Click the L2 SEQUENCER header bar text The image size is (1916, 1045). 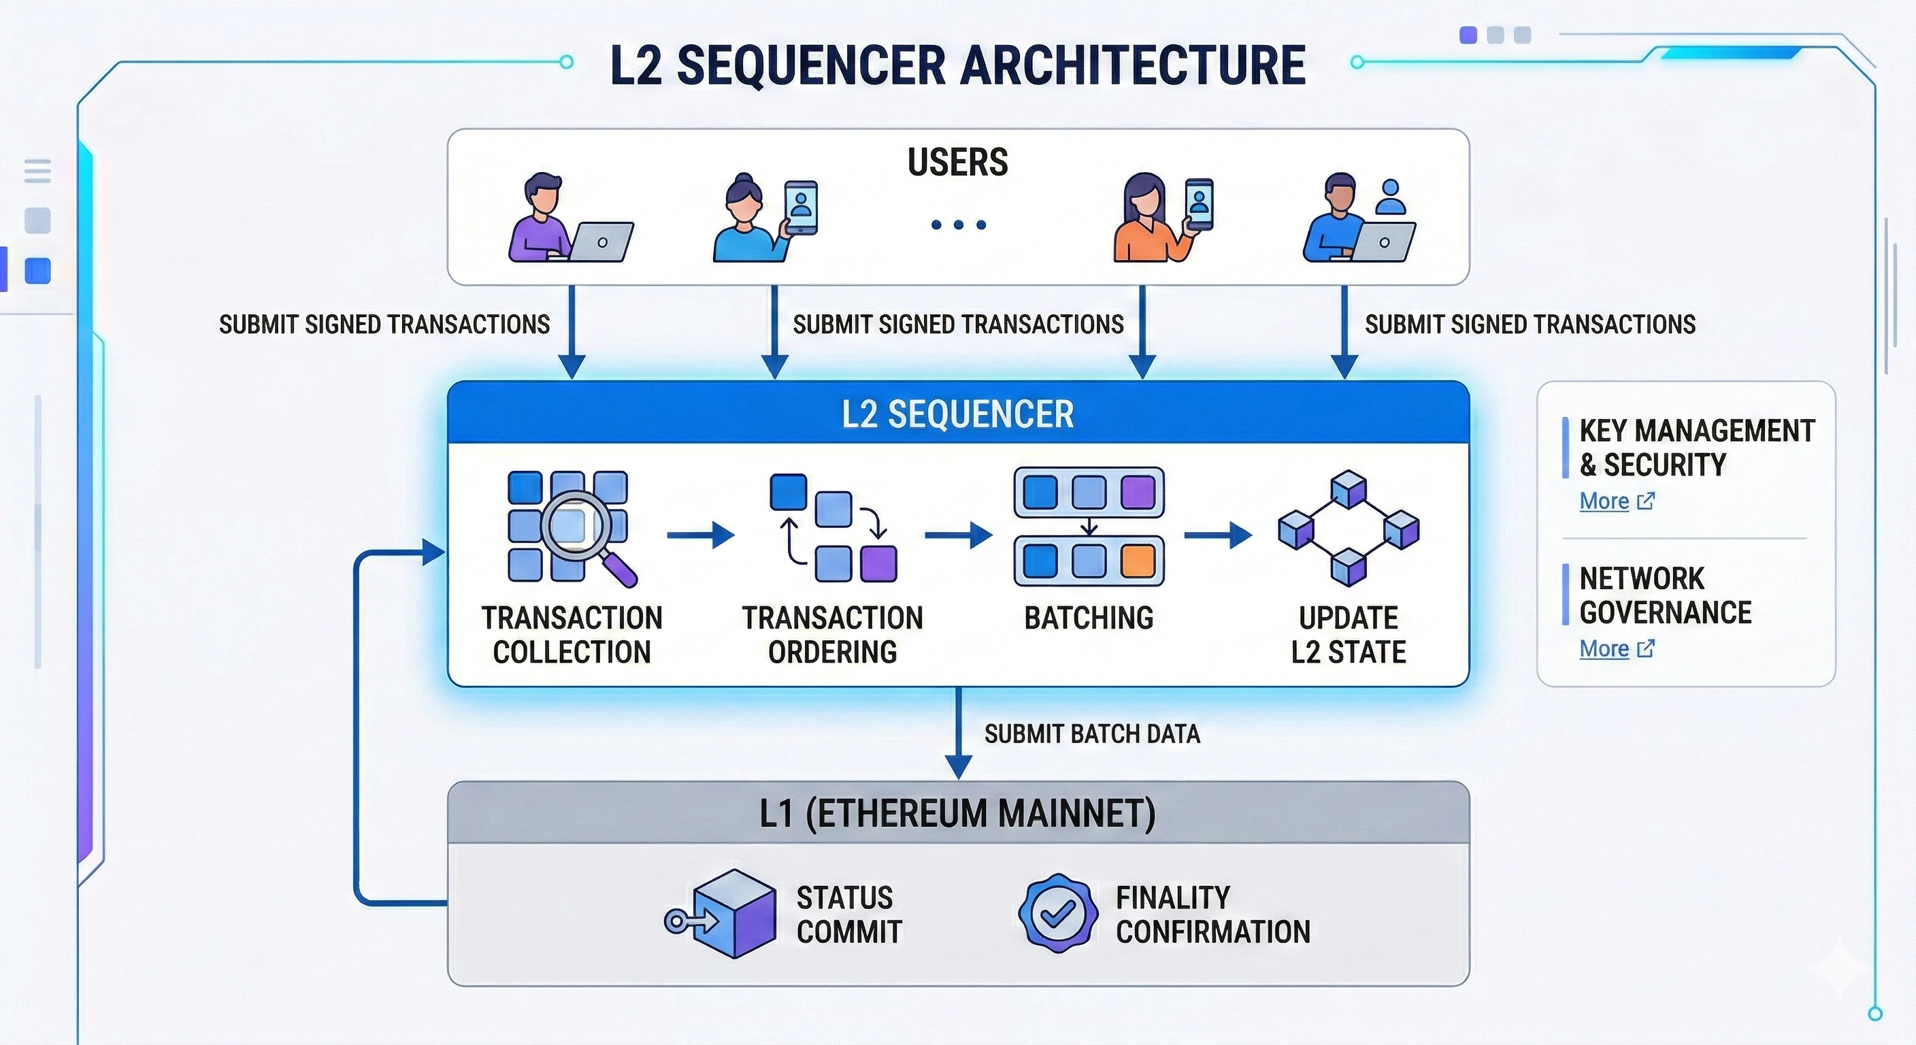[957, 414]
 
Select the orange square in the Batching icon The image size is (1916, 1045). [1137, 561]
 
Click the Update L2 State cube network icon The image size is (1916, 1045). [1349, 528]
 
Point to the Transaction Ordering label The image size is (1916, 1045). [832, 635]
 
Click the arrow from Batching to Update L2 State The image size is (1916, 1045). [1217, 535]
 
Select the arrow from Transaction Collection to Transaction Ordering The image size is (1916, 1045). [700, 535]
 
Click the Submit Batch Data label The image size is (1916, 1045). [1092, 734]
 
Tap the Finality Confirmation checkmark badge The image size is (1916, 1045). [1057, 912]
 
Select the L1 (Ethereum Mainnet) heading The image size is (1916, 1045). [957, 813]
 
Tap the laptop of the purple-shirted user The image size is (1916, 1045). [601, 242]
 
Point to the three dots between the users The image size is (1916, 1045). [958, 225]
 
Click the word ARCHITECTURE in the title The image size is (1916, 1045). [1132, 65]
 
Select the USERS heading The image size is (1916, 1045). [957, 162]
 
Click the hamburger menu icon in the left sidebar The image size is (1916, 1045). [38, 170]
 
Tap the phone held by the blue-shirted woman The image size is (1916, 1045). [800, 208]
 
